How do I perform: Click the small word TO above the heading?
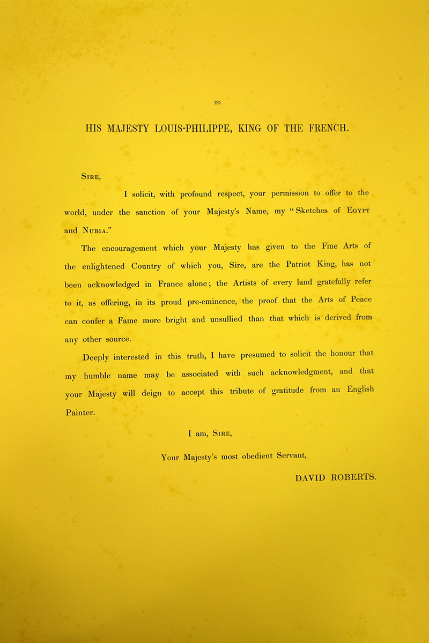click(217, 103)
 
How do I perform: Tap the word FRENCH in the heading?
click(329, 129)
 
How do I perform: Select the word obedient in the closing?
click(248, 457)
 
